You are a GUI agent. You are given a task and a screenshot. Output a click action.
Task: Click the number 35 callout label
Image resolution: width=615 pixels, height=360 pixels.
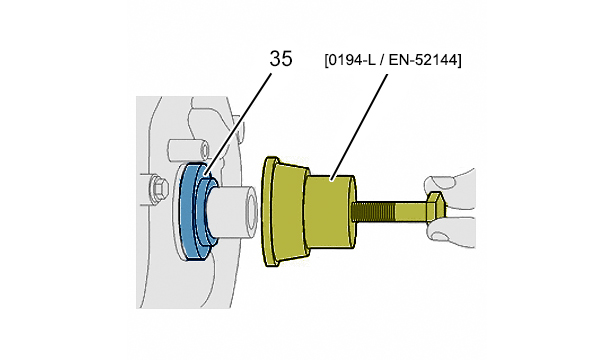[281, 59]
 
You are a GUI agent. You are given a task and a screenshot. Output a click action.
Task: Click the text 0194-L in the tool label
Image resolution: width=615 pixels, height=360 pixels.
[348, 60]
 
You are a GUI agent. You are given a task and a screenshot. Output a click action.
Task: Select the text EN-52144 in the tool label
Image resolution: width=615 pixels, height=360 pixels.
[422, 60]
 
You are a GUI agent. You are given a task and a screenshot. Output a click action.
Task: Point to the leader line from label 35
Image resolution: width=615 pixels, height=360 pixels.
[238, 125]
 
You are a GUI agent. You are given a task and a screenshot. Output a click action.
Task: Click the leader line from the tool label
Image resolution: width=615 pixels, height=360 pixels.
[360, 127]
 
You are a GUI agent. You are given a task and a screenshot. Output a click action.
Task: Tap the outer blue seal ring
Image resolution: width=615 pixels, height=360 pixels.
[187, 212]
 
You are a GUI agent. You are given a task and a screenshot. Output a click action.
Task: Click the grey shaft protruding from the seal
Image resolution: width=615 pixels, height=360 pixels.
[231, 213]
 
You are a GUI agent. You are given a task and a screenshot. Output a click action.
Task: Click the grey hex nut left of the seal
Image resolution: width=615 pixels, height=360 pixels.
[156, 189]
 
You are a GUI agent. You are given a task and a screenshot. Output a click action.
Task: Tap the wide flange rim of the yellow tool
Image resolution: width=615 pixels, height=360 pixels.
[270, 212]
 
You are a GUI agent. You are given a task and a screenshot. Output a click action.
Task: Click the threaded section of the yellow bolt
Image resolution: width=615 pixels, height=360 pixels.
[373, 211]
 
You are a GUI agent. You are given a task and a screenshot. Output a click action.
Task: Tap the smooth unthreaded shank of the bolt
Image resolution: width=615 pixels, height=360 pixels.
[411, 211]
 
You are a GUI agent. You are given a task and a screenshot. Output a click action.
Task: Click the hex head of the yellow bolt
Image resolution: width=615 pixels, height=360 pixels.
[436, 207]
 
